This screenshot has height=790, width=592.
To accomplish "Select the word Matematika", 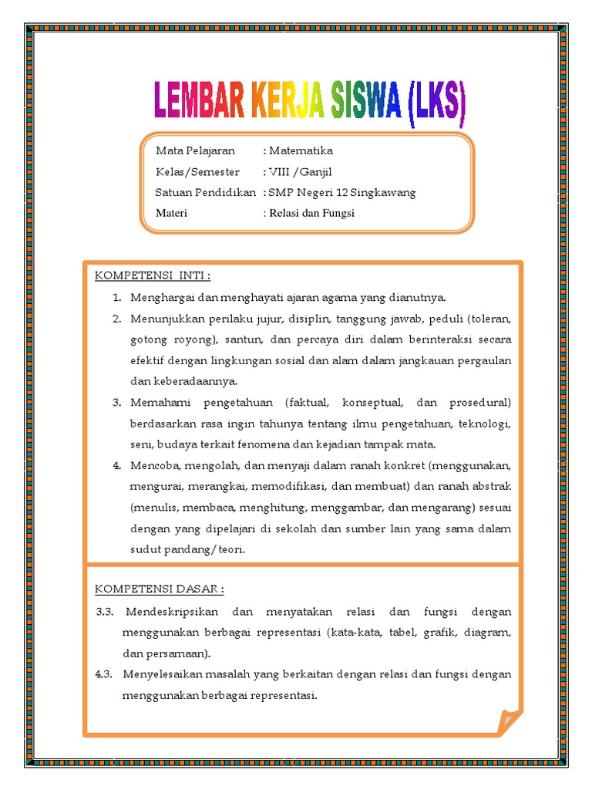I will pyautogui.click(x=301, y=150).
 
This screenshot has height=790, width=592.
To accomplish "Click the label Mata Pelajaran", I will pyautogui.click(x=195, y=150).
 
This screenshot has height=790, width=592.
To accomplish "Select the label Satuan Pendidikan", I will pyautogui.click(x=205, y=192).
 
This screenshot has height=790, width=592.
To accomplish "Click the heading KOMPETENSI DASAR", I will pyautogui.click(x=160, y=589).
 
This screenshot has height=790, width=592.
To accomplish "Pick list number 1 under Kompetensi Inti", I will pyautogui.click(x=116, y=298).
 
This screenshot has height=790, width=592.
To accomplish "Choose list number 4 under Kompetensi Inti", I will pyautogui.click(x=116, y=466).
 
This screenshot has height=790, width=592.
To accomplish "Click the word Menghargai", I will pyautogui.click(x=160, y=298).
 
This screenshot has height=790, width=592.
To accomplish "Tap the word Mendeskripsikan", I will pyautogui.click(x=170, y=612).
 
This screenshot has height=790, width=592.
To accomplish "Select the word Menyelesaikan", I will pyautogui.click(x=164, y=674).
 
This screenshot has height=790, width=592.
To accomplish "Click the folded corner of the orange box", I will pyautogui.click(x=510, y=722).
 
